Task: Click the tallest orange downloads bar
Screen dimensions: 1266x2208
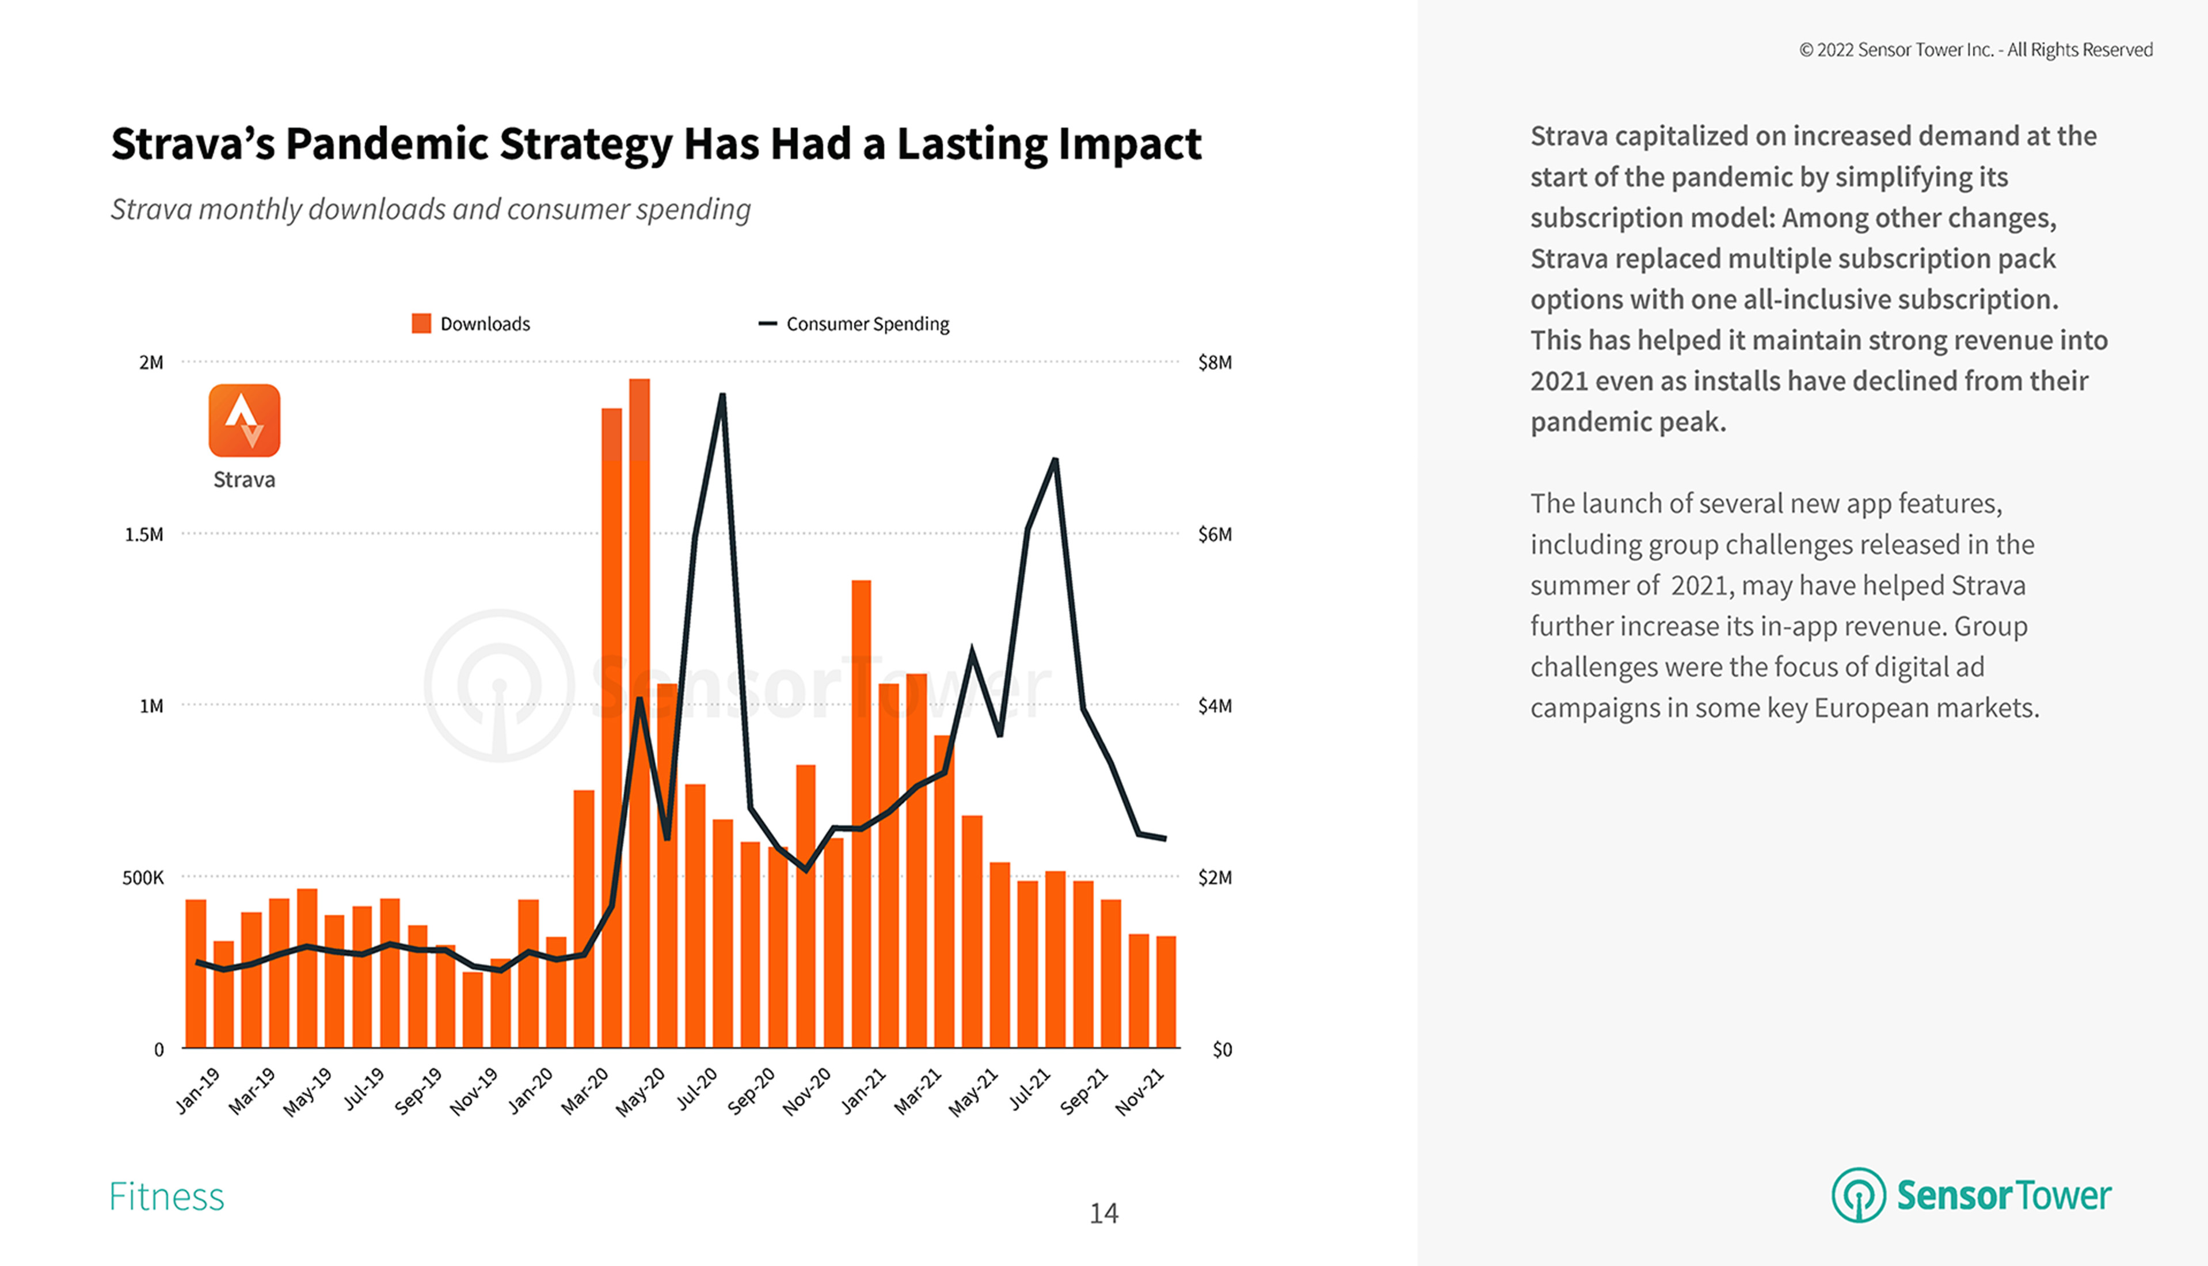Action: click(x=639, y=713)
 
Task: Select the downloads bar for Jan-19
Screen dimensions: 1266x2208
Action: click(x=196, y=973)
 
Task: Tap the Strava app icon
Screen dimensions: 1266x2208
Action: click(x=245, y=421)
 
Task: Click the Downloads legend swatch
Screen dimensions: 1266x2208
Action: click(x=421, y=323)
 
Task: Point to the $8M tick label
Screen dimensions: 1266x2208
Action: click(x=1214, y=363)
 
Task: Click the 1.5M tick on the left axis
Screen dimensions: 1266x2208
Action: click(x=143, y=535)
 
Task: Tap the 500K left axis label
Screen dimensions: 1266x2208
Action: click(x=143, y=878)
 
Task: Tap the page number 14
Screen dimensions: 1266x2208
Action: click(x=1103, y=1213)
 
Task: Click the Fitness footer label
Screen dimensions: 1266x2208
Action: click(x=166, y=1196)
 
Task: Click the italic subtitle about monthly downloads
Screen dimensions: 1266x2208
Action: click(x=431, y=209)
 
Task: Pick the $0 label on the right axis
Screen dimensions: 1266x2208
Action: click(x=1222, y=1050)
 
